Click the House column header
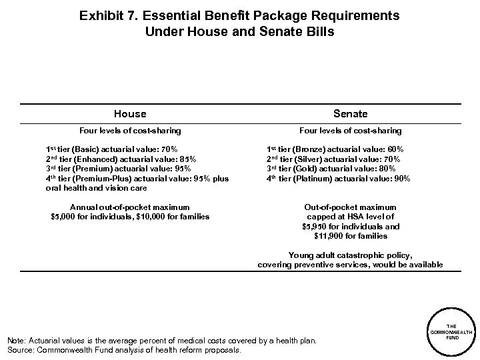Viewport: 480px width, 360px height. coord(130,114)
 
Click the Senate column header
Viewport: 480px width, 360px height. coord(351,114)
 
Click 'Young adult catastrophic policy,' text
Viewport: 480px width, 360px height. coord(351,255)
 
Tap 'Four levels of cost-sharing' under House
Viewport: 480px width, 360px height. coord(130,131)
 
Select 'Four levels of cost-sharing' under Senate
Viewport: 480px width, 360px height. coord(351,131)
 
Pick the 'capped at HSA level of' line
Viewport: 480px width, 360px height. coord(351,217)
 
